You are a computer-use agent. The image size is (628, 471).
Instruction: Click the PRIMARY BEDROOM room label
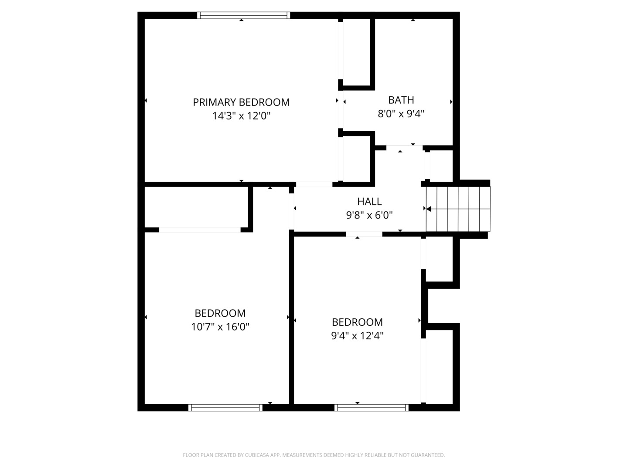coord(241,102)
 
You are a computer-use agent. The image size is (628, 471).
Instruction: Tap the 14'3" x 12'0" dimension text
coord(241,116)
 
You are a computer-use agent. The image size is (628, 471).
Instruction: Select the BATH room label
coord(401,100)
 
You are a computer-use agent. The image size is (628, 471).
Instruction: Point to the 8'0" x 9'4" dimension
coord(401,114)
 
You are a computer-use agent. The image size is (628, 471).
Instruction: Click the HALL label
coord(369,201)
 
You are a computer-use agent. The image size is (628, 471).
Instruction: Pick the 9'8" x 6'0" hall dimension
coord(369,215)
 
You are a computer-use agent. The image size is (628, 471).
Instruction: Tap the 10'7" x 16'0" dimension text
coord(220,327)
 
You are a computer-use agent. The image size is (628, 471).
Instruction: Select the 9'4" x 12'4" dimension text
coord(357,335)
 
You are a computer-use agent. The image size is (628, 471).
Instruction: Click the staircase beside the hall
coord(458,209)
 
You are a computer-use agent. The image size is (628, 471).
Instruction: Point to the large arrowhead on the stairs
coord(429,209)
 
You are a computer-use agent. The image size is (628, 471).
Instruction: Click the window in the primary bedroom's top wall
coord(243,15)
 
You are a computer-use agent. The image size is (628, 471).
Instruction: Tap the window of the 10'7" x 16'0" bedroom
coord(225,408)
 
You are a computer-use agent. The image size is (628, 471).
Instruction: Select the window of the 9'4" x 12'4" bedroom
coord(372,408)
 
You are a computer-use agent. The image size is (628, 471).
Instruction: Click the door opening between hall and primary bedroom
coord(314,184)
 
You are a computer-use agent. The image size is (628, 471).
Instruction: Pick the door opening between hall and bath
coord(405,147)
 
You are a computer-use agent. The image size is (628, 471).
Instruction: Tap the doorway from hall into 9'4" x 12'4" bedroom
coord(364,234)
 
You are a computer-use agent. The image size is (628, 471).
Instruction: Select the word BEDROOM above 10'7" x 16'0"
coord(220,313)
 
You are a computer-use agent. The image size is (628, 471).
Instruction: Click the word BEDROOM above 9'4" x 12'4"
coord(357,322)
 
